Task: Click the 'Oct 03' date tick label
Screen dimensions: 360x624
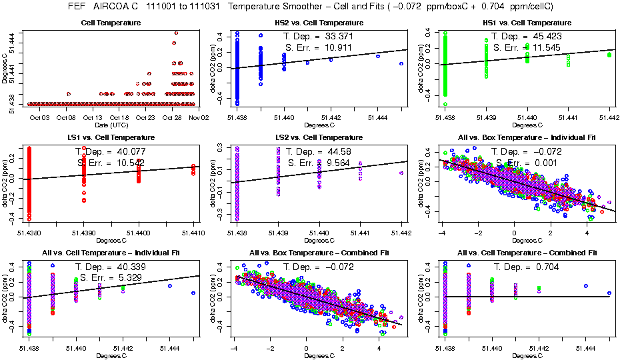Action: pyautogui.click(x=40, y=117)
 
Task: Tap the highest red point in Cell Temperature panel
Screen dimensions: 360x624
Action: pyautogui.click(x=175, y=32)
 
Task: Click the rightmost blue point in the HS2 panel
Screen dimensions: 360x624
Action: pyautogui.click(x=401, y=64)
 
